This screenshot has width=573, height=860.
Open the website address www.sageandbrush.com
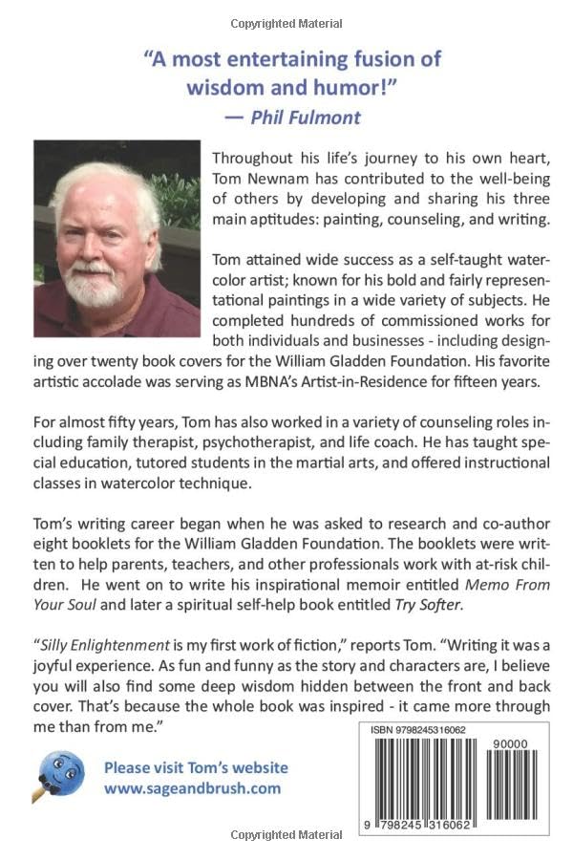tap(193, 788)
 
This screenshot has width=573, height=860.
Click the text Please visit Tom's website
tap(196, 767)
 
